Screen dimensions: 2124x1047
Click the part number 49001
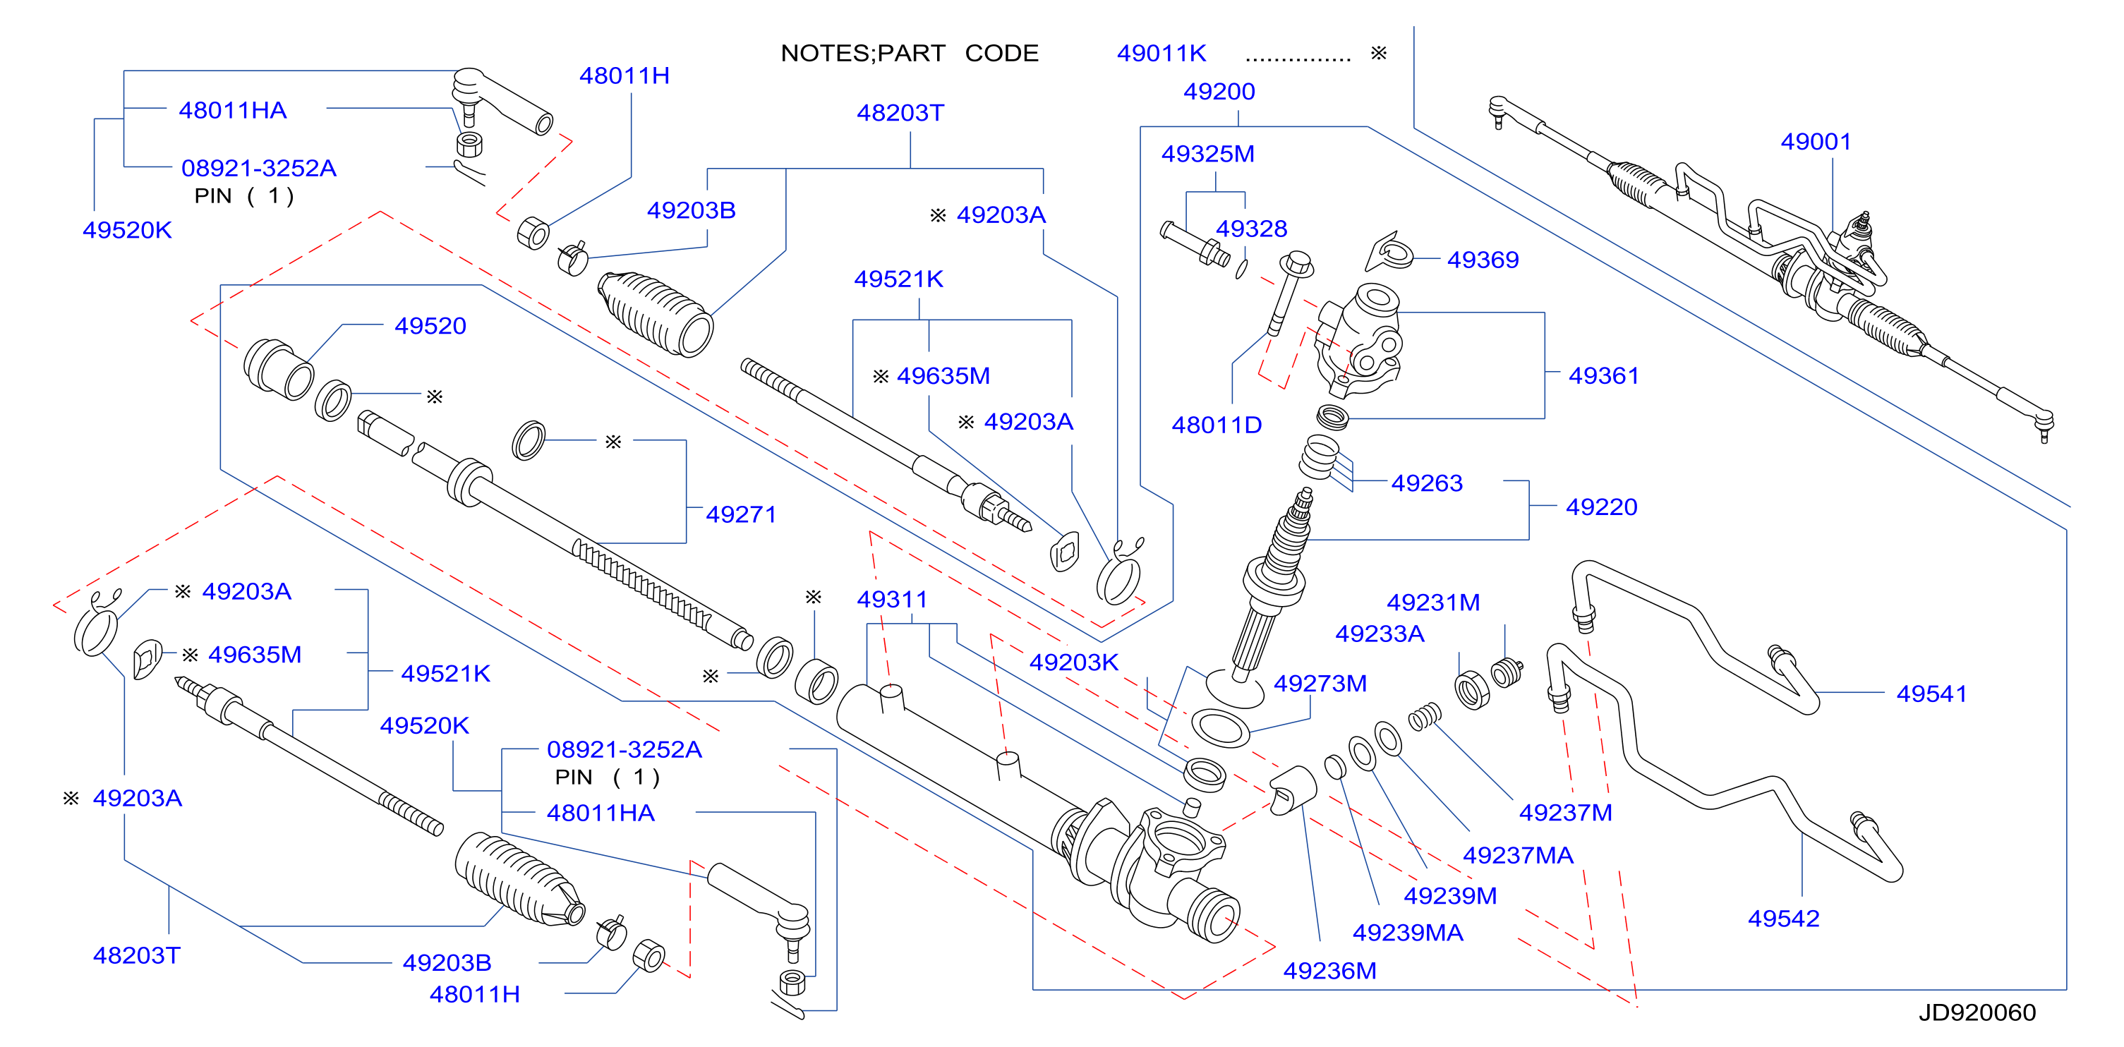pyautogui.click(x=1816, y=142)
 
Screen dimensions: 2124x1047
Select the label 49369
pyautogui.click(x=1483, y=260)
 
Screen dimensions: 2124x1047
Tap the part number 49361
pyautogui.click(x=1604, y=376)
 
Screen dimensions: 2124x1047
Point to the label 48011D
pyautogui.click(x=1217, y=425)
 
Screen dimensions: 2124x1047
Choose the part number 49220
pyautogui.click(x=1601, y=507)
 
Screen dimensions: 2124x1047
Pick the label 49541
pyautogui.click(x=1931, y=694)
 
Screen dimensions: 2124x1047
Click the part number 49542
pyautogui.click(x=1783, y=919)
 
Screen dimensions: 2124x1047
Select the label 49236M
pyautogui.click(x=1329, y=971)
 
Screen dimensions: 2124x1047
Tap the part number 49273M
pyautogui.click(x=1320, y=684)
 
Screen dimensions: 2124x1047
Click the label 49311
pyautogui.click(x=891, y=600)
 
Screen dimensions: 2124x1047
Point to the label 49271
pyautogui.click(x=741, y=514)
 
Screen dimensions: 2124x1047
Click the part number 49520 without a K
pyautogui.click(x=430, y=327)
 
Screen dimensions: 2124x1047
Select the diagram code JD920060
pyautogui.click(x=1977, y=1012)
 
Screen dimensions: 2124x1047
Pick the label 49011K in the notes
pyautogui.click(x=1161, y=54)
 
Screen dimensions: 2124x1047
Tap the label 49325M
pyautogui.click(x=1208, y=155)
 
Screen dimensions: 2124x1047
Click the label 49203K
pyautogui.click(x=1073, y=662)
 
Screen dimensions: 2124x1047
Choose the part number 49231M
pyautogui.click(x=1433, y=603)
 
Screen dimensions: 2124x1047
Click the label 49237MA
pyautogui.click(x=1518, y=856)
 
